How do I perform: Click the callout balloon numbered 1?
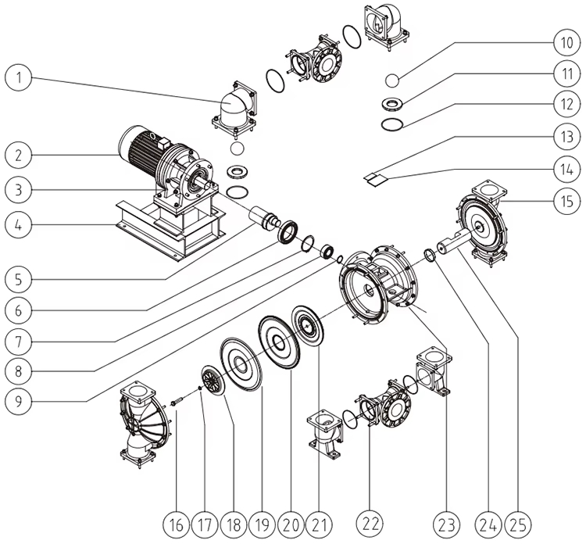18,77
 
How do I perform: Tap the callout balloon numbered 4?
18,225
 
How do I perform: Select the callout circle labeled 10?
567,43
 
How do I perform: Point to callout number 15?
567,201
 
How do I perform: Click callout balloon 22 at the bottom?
370,524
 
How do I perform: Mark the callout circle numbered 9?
18,401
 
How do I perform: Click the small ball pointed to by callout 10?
392,81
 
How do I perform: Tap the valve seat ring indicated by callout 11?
392,103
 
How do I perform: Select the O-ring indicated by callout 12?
392,124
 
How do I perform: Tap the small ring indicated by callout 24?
430,256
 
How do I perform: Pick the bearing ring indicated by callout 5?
288,233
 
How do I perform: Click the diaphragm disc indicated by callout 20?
279,342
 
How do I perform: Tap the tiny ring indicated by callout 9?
340,259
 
